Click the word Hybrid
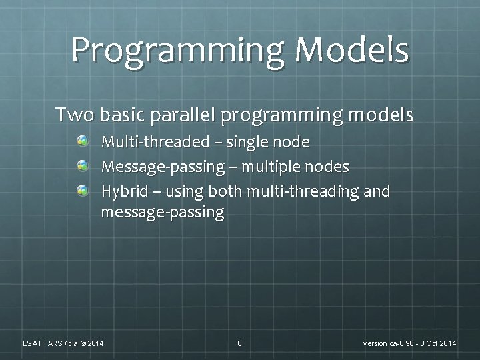(121, 192)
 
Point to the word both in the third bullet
(226, 191)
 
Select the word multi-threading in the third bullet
(304, 192)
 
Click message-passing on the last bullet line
(162, 213)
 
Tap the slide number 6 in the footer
(239, 343)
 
